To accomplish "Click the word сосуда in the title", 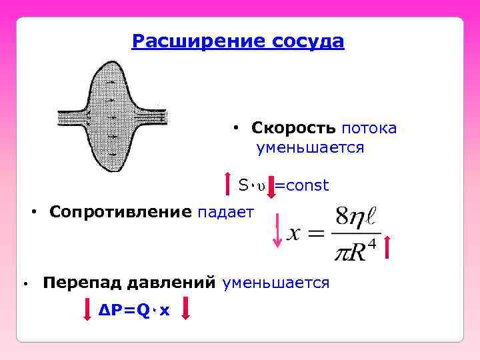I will click(309, 42).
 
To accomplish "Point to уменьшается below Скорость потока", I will click(311, 147).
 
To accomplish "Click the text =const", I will click(302, 185).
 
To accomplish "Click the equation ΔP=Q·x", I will click(134, 310).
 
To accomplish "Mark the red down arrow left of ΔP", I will click(87, 311).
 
